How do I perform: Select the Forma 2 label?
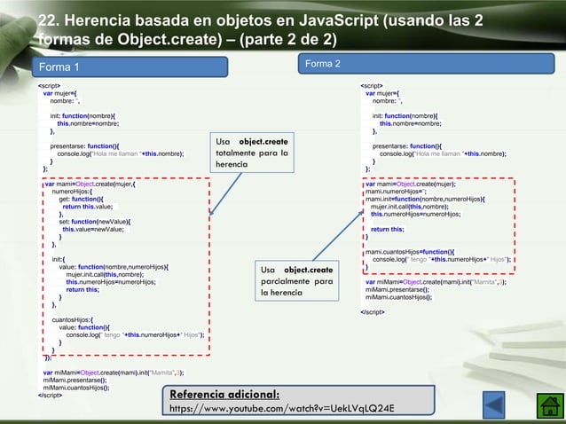(x=322, y=64)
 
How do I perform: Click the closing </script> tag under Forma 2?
(x=372, y=312)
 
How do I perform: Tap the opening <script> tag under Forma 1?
(x=49, y=85)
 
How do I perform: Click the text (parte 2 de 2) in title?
(x=276, y=41)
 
